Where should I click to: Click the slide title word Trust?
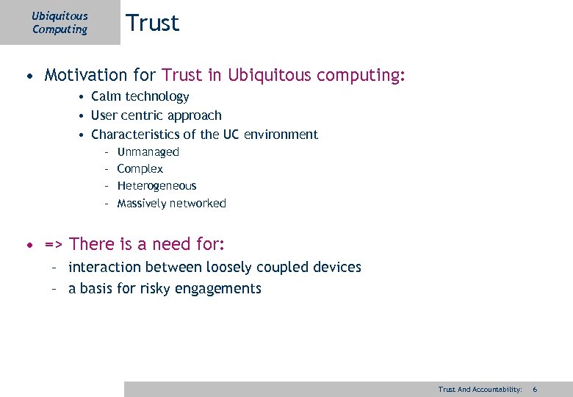152,24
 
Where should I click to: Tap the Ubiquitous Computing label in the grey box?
60,23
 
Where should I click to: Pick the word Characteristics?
134,135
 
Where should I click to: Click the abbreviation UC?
232,135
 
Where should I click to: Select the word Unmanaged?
148,152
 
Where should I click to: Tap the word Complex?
140,169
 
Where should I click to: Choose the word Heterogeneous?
156,186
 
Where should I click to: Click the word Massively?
142,204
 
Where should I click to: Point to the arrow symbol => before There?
54,244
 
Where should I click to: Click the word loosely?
228,268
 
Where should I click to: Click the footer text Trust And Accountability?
480,389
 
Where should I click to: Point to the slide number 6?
535,389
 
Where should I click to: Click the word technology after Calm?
157,97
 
